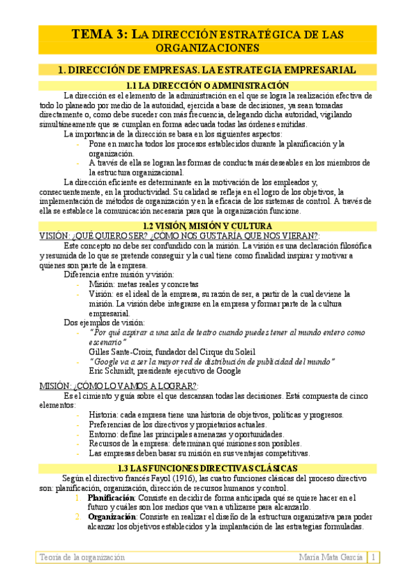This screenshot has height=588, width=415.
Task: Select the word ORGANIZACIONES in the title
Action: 207,48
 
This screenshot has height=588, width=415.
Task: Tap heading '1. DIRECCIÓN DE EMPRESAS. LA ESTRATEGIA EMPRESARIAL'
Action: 207,69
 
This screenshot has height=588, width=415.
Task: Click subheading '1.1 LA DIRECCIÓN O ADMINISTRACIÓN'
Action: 207,85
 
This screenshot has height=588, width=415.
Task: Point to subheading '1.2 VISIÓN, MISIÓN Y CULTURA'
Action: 207,226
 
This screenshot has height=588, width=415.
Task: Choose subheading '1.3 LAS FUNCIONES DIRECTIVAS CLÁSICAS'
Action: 207,469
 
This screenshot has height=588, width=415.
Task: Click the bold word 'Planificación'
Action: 111,498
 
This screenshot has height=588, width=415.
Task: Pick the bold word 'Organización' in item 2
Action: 112,517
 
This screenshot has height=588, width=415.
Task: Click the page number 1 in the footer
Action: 373,557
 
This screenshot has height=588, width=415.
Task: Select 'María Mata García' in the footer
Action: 330,557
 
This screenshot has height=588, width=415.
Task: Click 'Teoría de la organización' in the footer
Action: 82,557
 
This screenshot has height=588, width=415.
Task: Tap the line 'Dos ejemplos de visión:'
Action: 105,322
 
